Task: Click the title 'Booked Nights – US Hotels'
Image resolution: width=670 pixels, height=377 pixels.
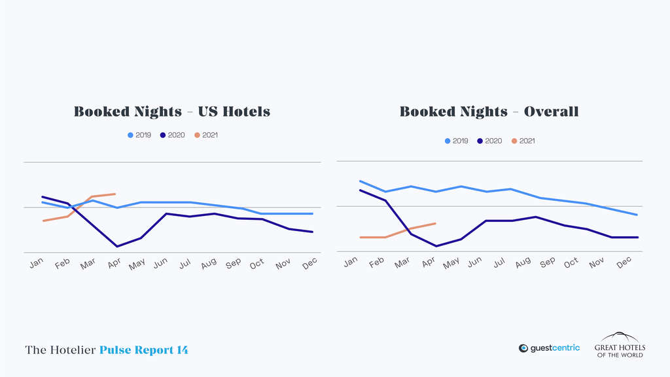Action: pos(171,111)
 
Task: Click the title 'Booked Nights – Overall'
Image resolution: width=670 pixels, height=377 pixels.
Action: pos(489,111)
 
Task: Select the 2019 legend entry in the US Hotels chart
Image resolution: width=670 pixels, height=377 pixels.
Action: pos(139,135)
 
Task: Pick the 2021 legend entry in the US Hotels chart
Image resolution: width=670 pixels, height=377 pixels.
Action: pos(205,135)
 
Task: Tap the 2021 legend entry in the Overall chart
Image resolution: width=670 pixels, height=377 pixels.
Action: pos(523,141)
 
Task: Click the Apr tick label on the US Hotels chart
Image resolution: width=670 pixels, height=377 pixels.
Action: pos(114,263)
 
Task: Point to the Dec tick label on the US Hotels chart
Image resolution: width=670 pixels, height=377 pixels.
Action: pos(309,262)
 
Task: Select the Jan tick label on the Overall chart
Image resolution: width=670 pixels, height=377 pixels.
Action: pos(351,261)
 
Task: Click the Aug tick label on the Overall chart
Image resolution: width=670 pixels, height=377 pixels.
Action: pos(523,262)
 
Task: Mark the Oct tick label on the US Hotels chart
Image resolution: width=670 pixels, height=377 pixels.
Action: pos(256,263)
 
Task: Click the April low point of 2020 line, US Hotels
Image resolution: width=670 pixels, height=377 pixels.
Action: pos(116,247)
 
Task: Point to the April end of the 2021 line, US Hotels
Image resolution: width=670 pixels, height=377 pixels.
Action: pos(116,194)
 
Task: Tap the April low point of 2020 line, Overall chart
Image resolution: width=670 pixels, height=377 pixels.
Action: pos(436,246)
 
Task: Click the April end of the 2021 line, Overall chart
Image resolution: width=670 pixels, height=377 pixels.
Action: pos(436,223)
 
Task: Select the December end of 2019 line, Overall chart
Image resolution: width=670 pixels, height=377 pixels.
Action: pos(637,215)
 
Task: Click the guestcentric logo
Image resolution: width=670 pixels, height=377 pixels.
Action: pos(549,348)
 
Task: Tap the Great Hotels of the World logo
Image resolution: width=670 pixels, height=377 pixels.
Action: pos(619,345)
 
